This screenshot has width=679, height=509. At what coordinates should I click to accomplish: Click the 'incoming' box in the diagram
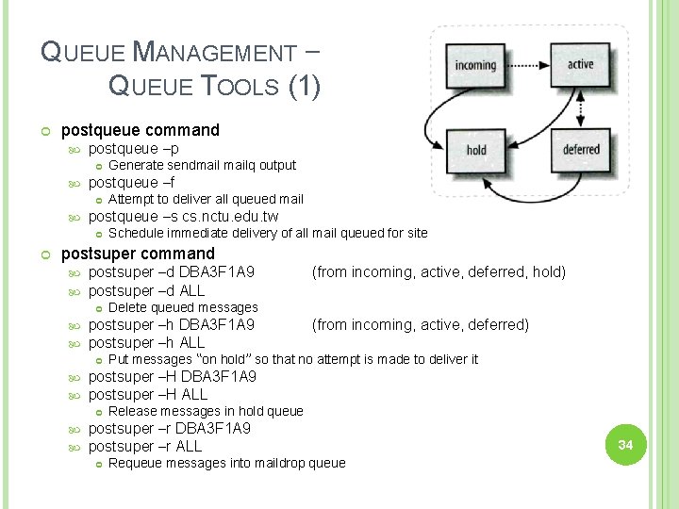coord(474,65)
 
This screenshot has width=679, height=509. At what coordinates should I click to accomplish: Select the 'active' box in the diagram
coord(581,64)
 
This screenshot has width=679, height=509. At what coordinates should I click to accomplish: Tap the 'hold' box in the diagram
coord(476,150)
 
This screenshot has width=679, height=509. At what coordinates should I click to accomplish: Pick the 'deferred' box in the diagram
coord(581,150)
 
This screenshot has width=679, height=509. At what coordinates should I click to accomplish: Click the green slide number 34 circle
coord(624,444)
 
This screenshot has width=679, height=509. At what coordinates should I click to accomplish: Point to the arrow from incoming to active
coord(526,64)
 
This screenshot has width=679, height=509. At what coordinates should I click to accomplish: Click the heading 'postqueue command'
coord(140,130)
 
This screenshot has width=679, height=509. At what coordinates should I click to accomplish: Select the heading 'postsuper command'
coord(138,254)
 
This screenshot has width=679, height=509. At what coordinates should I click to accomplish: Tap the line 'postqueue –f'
coord(131,183)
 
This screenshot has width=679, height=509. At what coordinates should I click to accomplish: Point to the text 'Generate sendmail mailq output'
coord(202,166)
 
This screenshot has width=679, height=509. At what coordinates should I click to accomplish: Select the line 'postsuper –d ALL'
coord(146,290)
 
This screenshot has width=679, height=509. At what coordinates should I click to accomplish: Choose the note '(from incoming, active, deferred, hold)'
coord(439,272)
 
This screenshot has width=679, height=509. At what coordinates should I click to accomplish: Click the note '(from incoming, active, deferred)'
coord(420,325)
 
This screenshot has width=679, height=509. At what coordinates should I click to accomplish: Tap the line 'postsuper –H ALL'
coord(147,394)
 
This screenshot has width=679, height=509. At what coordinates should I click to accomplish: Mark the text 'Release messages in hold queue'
coord(206,411)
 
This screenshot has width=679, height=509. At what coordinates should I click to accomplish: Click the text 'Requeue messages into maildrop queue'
coord(226,463)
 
